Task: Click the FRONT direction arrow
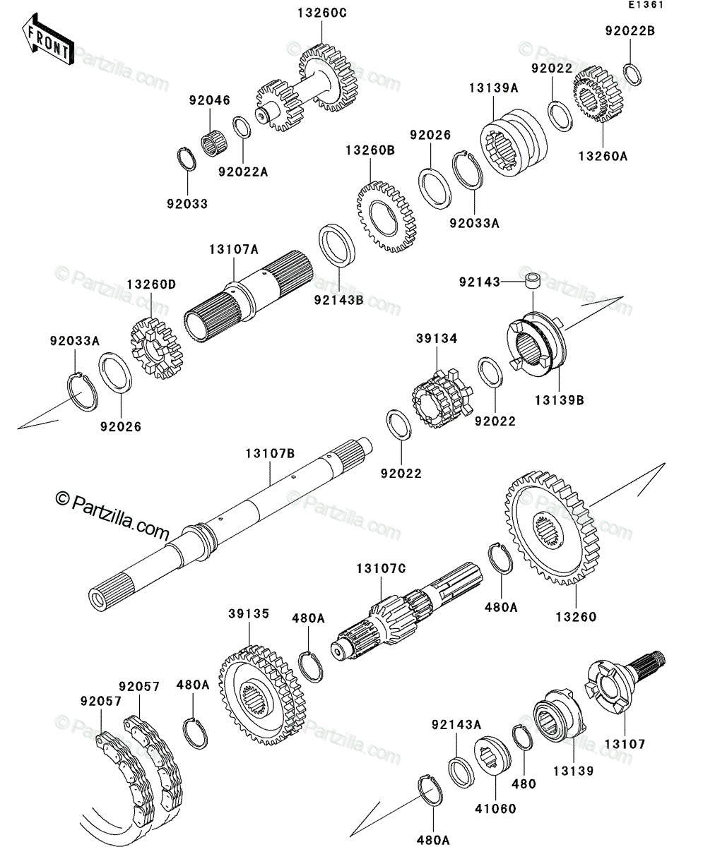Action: pyautogui.click(x=48, y=39)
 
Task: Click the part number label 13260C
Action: pyautogui.click(x=322, y=13)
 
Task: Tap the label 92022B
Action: pyautogui.click(x=630, y=31)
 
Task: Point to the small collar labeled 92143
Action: pyautogui.click(x=533, y=281)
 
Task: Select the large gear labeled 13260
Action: pyautogui.click(x=553, y=528)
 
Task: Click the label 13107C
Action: pyautogui.click(x=381, y=569)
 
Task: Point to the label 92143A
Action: pyautogui.click(x=456, y=724)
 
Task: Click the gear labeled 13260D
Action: pyautogui.click(x=157, y=348)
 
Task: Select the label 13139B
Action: pyautogui.click(x=559, y=400)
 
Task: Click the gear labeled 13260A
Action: pyautogui.click(x=598, y=94)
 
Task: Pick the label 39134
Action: pyautogui.click(x=437, y=338)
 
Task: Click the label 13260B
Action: pyautogui.click(x=370, y=150)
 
